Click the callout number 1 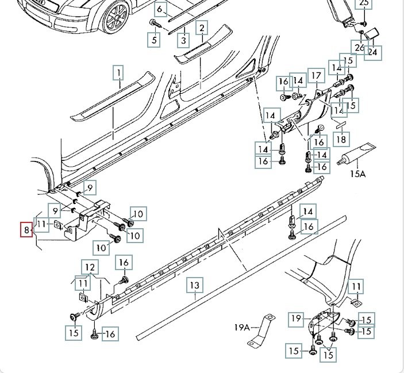118,73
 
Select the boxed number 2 201,27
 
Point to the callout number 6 161,10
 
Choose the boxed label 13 195,285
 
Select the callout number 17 315,76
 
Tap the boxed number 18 341,139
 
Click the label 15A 357,173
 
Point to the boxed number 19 296,318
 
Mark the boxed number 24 374,52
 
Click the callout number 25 364,3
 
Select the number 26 360,47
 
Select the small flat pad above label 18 339,122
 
